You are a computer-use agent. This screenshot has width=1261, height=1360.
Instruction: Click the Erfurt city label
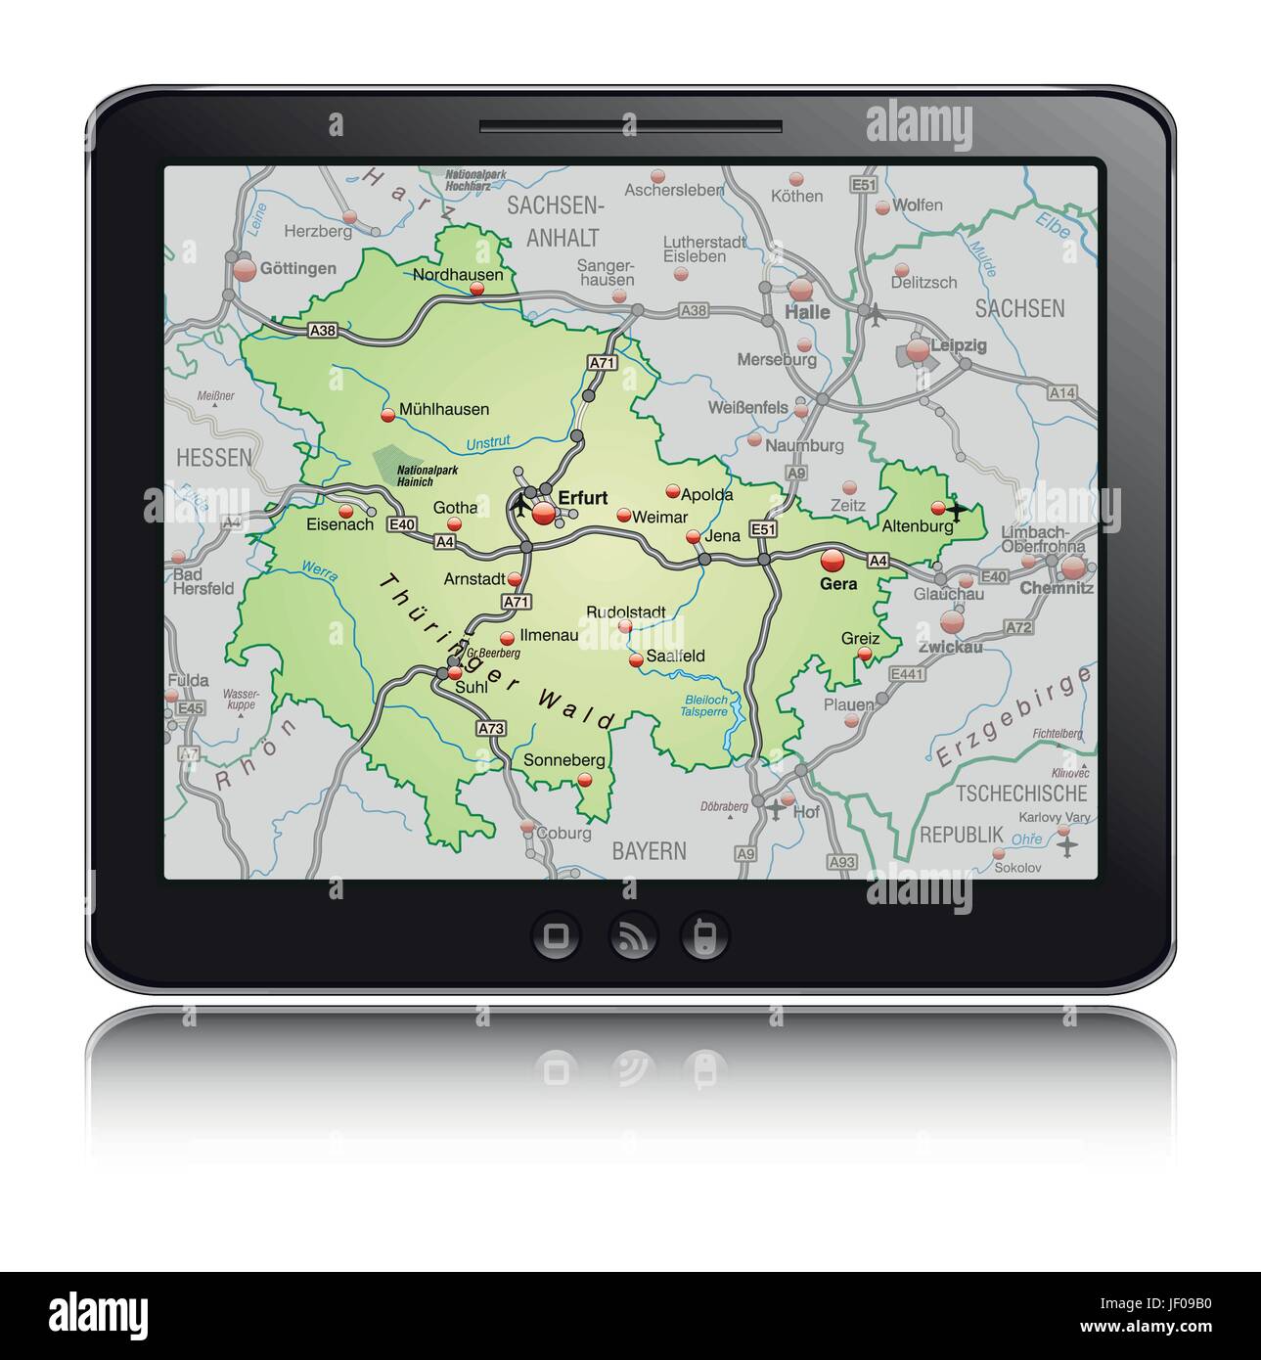coord(582,497)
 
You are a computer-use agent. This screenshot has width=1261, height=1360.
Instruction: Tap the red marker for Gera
coord(833,560)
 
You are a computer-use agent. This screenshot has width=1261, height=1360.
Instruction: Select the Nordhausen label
coord(458,275)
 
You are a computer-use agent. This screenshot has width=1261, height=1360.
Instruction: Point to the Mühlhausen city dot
coord(388,415)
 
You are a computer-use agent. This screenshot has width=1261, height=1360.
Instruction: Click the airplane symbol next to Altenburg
coord(956,510)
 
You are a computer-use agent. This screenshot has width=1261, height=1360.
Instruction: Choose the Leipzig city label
coord(958,345)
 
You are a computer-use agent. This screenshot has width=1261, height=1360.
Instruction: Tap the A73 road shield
coord(491,728)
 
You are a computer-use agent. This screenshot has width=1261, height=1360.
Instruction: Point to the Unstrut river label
coord(488,443)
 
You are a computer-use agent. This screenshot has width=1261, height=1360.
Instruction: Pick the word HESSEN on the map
coord(214,457)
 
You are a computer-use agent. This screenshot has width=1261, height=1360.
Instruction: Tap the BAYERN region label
coord(650,851)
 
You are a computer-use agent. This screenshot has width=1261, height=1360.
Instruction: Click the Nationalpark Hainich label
coord(427,475)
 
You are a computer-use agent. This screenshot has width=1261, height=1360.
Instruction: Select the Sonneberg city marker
coord(585,780)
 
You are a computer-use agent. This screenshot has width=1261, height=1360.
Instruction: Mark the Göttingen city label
coord(298,268)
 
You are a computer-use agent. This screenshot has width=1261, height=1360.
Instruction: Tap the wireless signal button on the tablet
coord(630,936)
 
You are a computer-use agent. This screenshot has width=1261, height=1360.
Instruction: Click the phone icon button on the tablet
coord(704,936)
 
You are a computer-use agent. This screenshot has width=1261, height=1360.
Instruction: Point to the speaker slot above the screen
coord(630,126)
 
